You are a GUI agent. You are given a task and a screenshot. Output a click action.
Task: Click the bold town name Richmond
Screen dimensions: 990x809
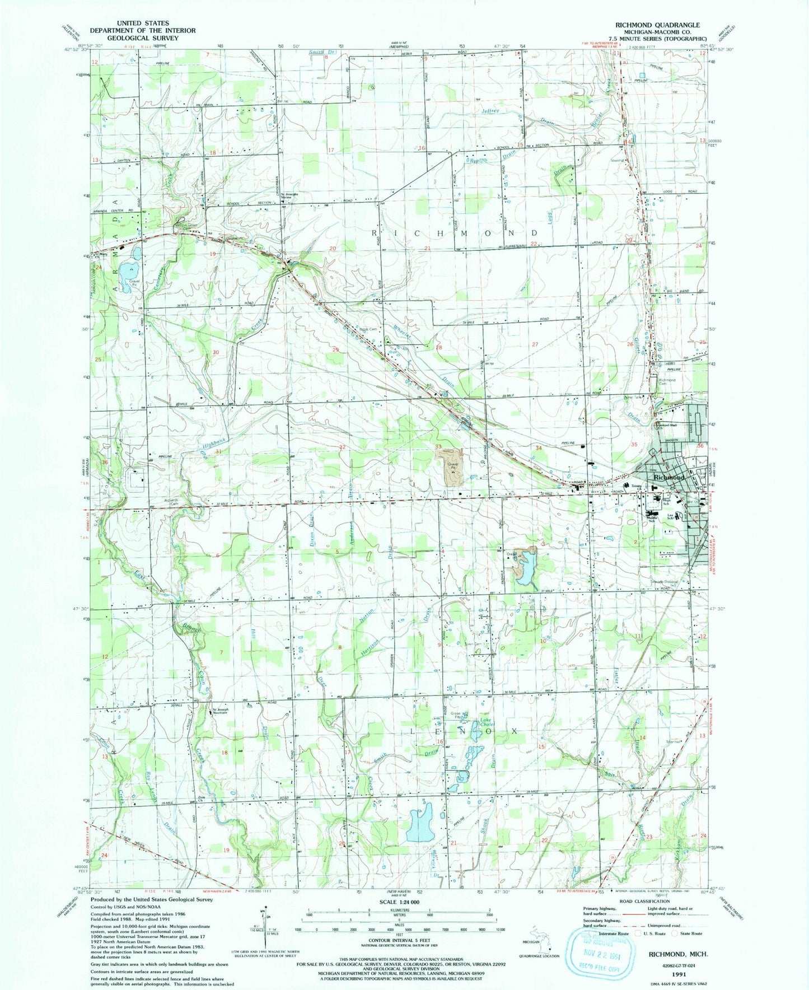click(668, 477)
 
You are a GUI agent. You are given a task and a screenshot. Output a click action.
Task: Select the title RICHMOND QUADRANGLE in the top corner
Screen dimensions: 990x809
click(657, 25)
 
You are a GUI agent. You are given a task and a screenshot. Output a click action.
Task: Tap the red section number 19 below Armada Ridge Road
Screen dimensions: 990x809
click(212, 254)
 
